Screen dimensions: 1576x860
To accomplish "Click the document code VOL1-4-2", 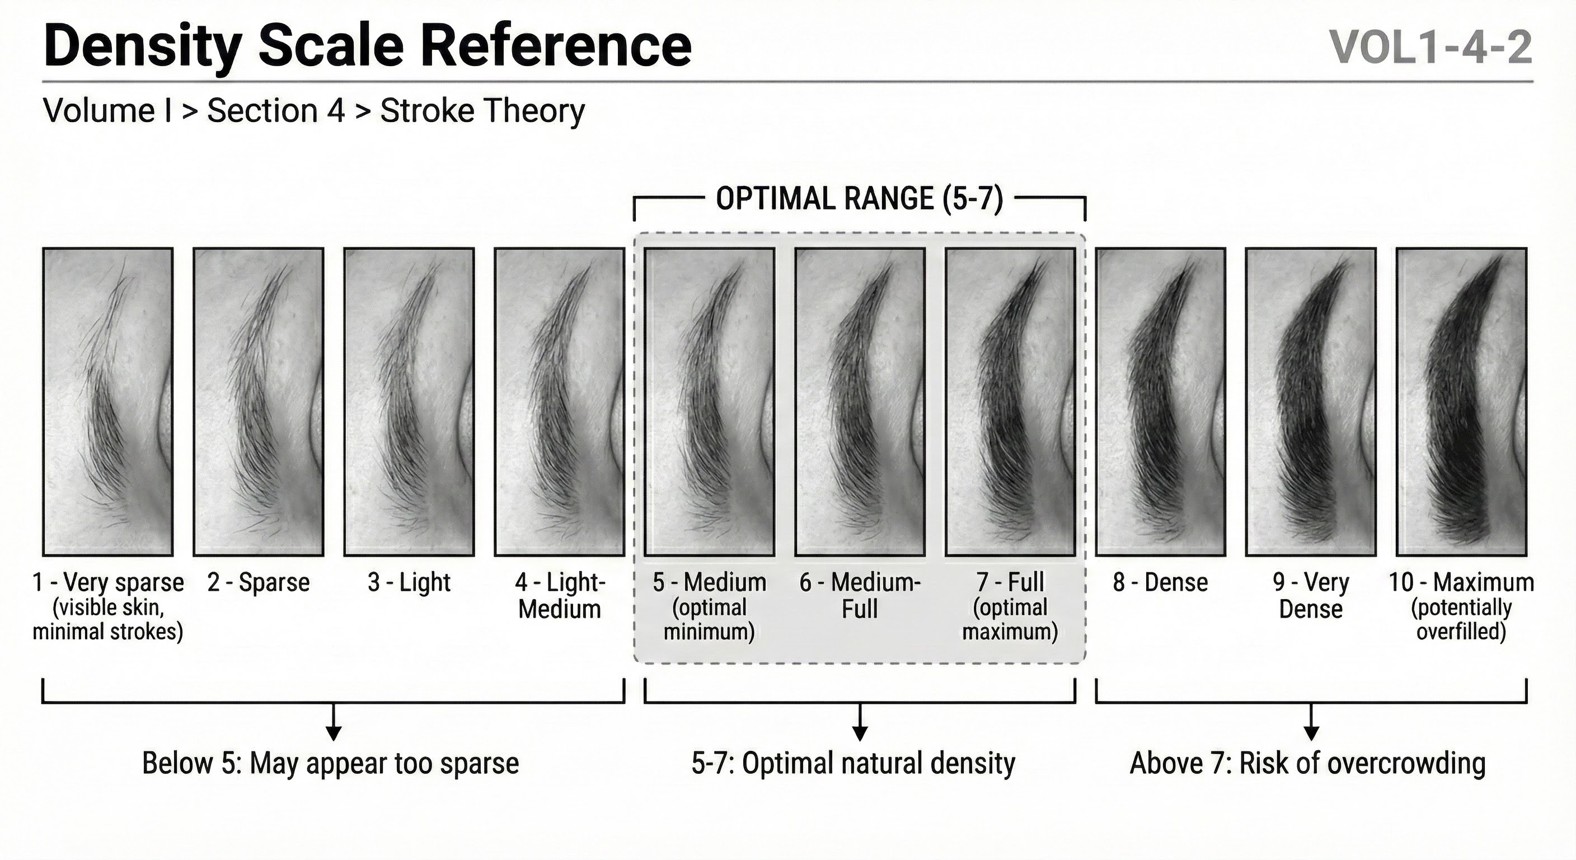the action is [1431, 48].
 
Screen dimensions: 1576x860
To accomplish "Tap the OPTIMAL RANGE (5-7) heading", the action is [860, 199].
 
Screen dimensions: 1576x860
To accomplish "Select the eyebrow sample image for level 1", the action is [107, 401].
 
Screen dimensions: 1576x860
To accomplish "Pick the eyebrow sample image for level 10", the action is [1462, 401].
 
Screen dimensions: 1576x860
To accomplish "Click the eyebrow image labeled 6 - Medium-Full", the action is [860, 401].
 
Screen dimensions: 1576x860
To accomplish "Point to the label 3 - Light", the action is [409, 583].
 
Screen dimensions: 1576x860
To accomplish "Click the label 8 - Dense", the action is [1160, 583].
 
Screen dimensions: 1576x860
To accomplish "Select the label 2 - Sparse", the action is [258, 583].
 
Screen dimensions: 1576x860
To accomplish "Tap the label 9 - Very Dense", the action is [1311, 596].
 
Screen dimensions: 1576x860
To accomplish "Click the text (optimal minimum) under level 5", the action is [709, 619].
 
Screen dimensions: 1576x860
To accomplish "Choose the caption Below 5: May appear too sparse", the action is [330, 763].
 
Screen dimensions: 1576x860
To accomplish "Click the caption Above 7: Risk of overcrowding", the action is [1307, 763].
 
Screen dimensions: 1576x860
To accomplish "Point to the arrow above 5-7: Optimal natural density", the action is [860, 722].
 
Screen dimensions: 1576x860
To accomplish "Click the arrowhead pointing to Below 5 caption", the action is [334, 733].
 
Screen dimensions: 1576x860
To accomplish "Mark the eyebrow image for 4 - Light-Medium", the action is [559, 401].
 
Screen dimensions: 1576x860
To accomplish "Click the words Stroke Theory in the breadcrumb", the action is [483, 111].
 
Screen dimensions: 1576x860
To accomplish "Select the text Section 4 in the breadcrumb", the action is [276, 111].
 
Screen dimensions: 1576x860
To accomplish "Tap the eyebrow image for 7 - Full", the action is [1010, 401].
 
